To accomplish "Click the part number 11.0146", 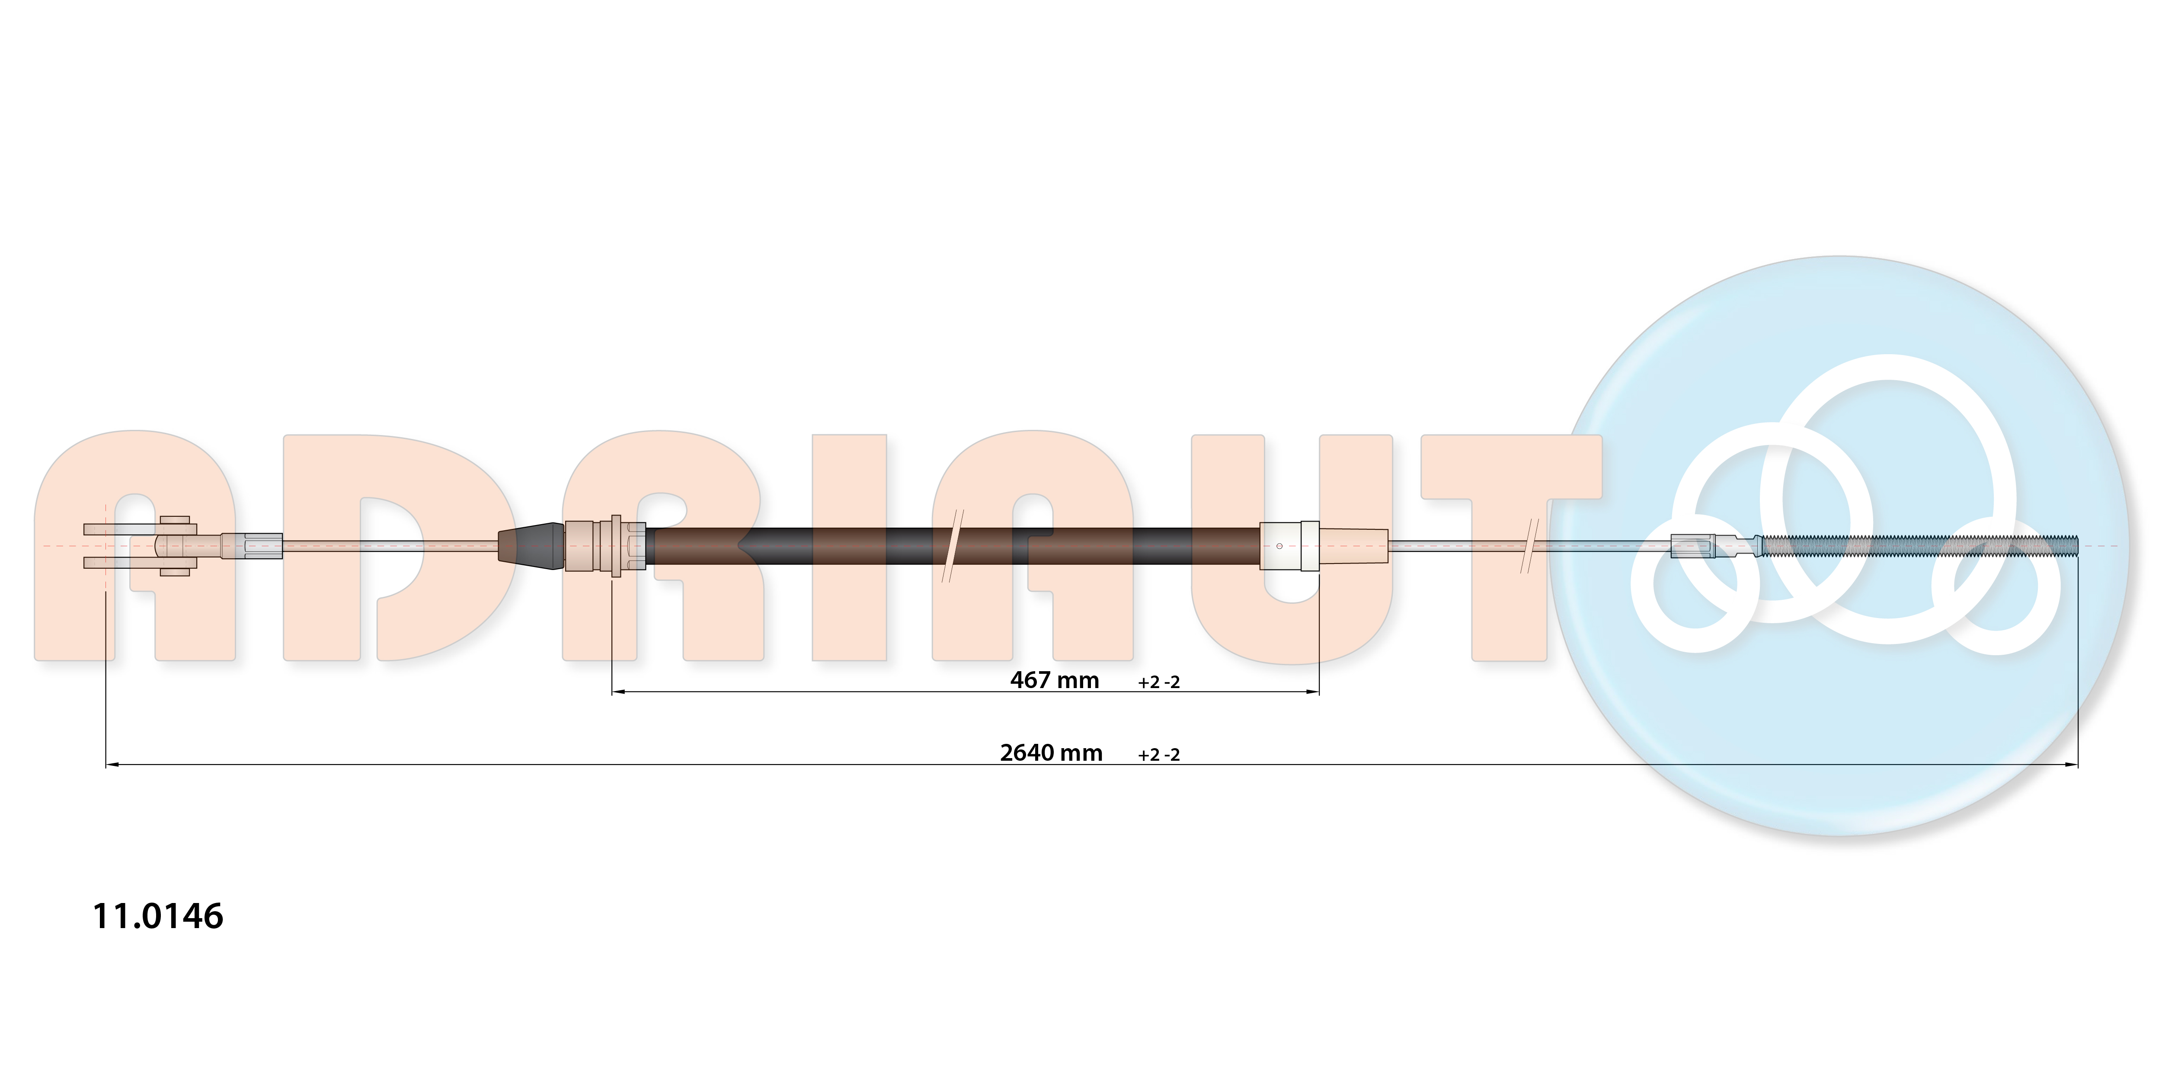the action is pyautogui.click(x=158, y=916).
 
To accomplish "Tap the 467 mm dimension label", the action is pyautogui.click(x=1054, y=680).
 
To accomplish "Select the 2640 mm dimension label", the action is pyautogui.click(x=1051, y=753).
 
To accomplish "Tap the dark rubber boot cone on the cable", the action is pyautogui.click(x=531, y=546).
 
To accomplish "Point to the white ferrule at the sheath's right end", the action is pyautogui.click(x=1289, y=546).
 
